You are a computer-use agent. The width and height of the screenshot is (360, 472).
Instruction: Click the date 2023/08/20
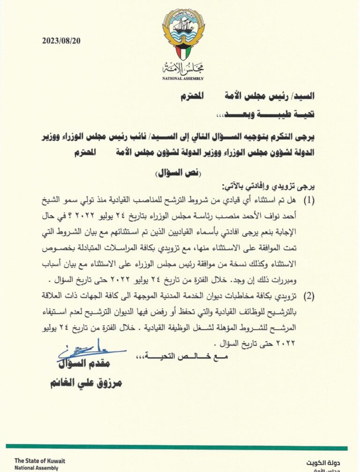tap(61, 41)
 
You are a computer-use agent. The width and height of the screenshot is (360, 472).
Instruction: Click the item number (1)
tap(309, 201)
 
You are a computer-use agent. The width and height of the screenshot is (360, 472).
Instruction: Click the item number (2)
tap(309, 297)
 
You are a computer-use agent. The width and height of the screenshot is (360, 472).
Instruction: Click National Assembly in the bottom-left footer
tap(37, 468)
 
